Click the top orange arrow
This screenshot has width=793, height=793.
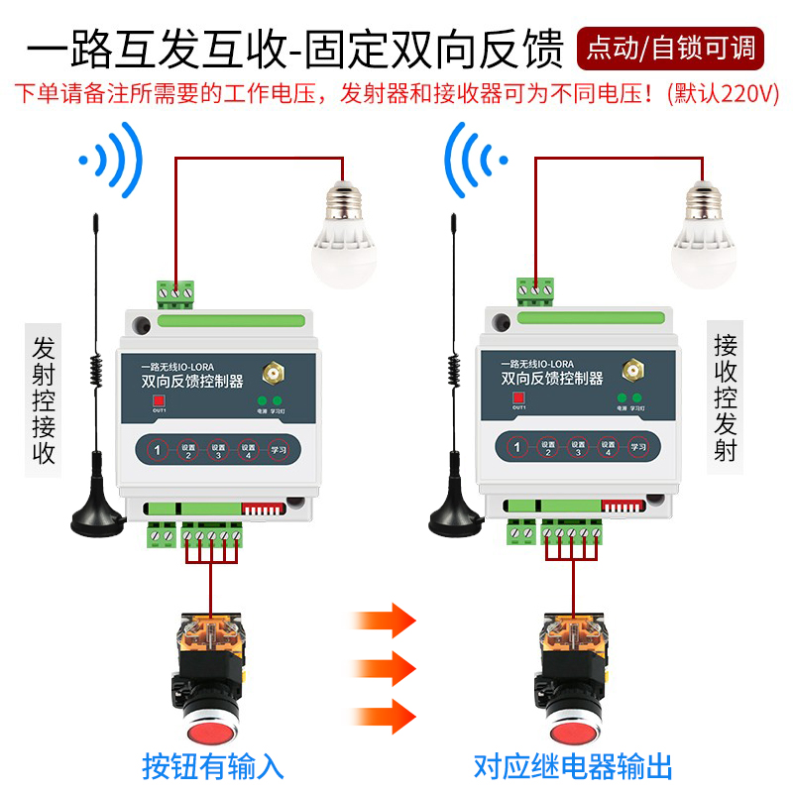tap(383, 621)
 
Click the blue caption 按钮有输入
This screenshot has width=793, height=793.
tap(213, 765)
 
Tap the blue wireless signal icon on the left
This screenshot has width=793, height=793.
tap(115, 158)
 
